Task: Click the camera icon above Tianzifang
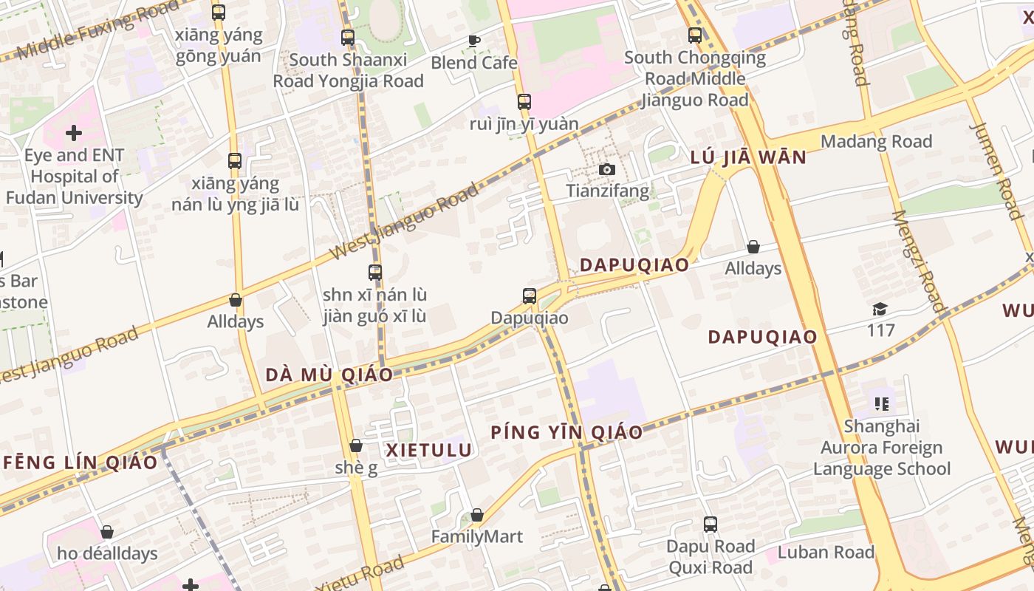click(606, 170)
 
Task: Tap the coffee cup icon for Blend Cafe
click(473, 40)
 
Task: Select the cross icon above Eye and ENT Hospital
click(73, 134)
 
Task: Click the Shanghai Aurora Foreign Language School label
click(882, 447)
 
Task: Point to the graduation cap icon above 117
click(880, 309)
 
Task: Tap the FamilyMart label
click(477, 536)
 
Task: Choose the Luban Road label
click(826, 552)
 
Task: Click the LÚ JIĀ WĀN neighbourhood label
click(748, 157)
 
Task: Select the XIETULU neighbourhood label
click(429, 450)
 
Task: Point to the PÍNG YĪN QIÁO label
click(566, 432)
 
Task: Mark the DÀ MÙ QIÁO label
click(329, 375)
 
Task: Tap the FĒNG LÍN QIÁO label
click(81, 462)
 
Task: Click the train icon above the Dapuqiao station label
click(530, 296)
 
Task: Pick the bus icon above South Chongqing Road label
click(695, 35)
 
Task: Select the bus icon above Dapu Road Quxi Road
click(711, 525)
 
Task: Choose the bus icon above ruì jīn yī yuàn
click(524, 102)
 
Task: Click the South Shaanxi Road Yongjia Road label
click(349, 70)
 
